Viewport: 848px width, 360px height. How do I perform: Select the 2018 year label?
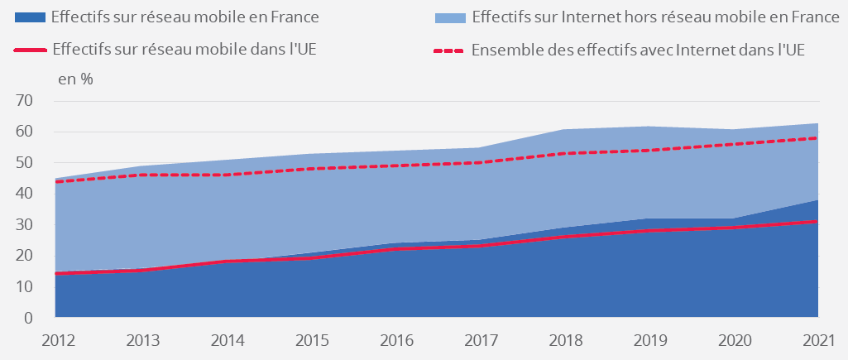click(x=564, y=339)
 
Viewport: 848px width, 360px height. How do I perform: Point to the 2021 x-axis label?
click(x=817, y=339)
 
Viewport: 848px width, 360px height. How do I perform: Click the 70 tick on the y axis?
click(x=24, y=101)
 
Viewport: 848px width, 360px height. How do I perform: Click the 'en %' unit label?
click(x=74, y=79)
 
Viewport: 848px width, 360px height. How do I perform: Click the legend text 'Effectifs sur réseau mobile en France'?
click(x=184, y=17)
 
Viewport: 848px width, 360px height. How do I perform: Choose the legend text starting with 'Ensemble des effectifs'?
click(x=638, y=50)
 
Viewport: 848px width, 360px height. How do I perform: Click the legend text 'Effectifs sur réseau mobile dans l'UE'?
click(x=184, y=50)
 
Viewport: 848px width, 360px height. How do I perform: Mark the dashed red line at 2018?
click(x=564, y=153)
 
